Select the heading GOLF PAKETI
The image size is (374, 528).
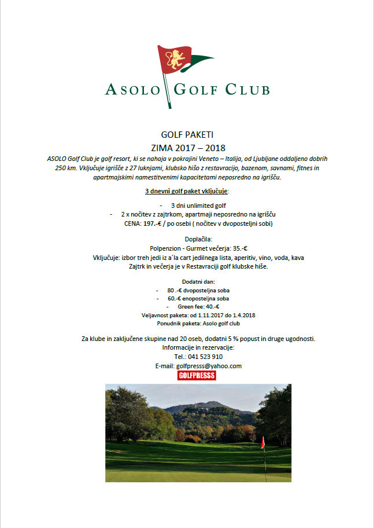click(187, 135)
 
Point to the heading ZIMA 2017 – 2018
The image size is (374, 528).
click(187, 147)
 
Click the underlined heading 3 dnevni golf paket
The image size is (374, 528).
click(186, 191)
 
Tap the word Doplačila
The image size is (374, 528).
click(187, 238)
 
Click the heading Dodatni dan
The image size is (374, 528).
click(187, 281)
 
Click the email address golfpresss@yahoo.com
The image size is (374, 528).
click(209, 366)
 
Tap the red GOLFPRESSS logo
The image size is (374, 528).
click(196, 376)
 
